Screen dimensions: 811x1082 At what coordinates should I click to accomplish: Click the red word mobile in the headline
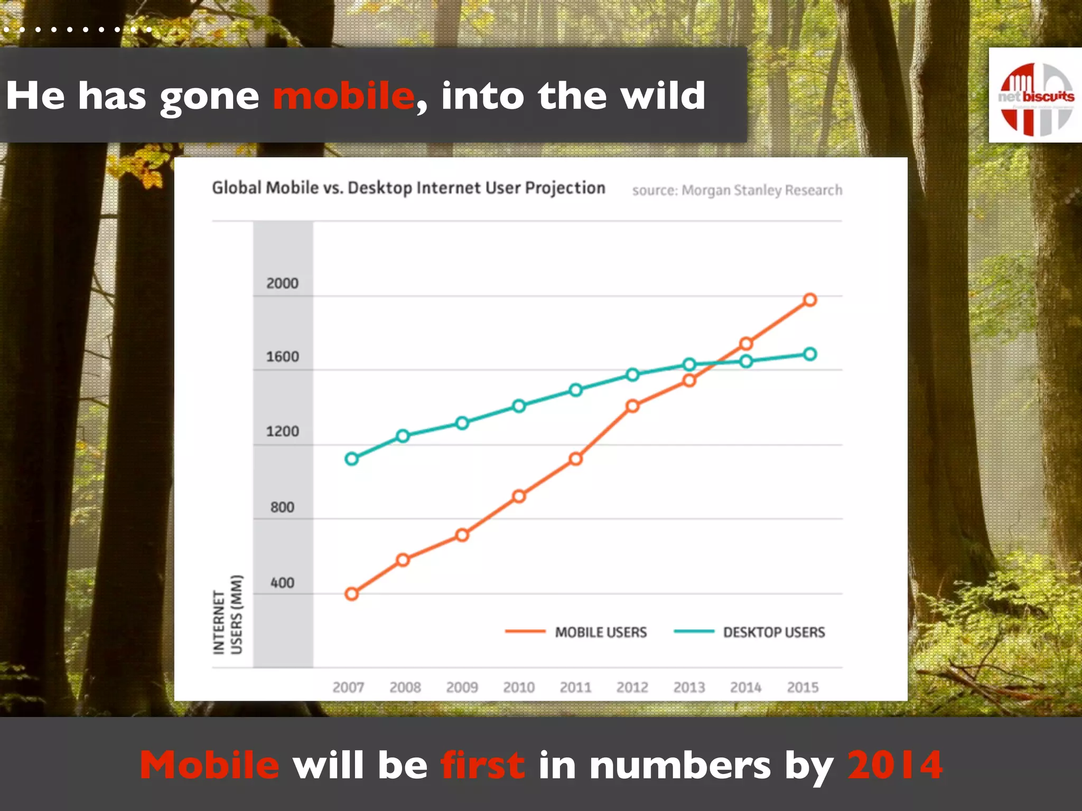point(343,96)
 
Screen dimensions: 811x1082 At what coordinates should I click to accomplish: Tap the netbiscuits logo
point(1036,96)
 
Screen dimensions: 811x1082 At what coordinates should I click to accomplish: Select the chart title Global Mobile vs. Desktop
point(408,188)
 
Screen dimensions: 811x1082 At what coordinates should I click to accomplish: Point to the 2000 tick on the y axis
point(282,284)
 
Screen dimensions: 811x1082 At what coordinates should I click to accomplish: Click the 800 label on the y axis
point(282,507)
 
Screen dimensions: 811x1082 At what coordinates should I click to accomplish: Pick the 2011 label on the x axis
point(575,687)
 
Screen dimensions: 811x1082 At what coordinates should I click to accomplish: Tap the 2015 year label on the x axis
point(803,687)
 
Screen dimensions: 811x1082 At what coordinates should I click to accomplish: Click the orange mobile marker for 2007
point(351,594)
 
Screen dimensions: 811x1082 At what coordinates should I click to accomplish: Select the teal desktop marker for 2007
point(351,459)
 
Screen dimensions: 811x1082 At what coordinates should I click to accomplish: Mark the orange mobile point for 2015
point(810,300)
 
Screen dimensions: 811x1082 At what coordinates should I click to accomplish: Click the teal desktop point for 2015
point(810,354)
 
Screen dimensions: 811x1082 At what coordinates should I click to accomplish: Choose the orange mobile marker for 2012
point(632,406)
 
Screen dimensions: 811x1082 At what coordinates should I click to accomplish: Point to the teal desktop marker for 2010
point(519,406)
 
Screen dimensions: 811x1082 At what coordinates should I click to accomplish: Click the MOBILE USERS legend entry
point(600,632)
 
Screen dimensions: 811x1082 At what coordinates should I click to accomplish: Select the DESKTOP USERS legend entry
point(773,632)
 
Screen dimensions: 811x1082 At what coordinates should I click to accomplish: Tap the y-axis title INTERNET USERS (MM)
point(228,615)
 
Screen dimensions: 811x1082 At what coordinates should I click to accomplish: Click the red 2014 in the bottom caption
point(895,765)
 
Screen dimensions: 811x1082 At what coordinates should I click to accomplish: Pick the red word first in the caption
point(483,765)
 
